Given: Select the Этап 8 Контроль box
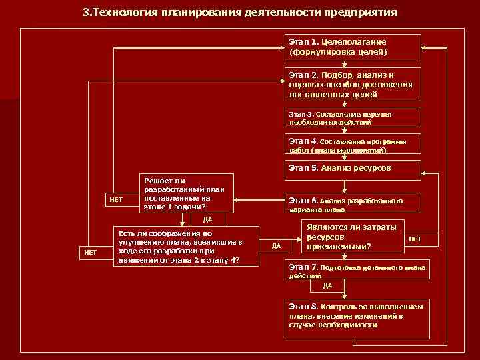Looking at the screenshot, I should pyautogui.click(x=357, y=315).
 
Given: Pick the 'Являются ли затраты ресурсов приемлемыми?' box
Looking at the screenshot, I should pyautogui.click(x=353, y=237).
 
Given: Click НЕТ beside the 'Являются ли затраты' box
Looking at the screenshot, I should pyautogui.click(x=415, y=239).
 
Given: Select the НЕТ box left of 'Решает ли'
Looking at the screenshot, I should pyautogui.click(x=116, y=199).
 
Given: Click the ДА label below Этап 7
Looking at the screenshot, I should pyautogui.click(x=327, y=285).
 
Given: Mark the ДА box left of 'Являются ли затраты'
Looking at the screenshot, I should pyautogui.click(x=277, y=247).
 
